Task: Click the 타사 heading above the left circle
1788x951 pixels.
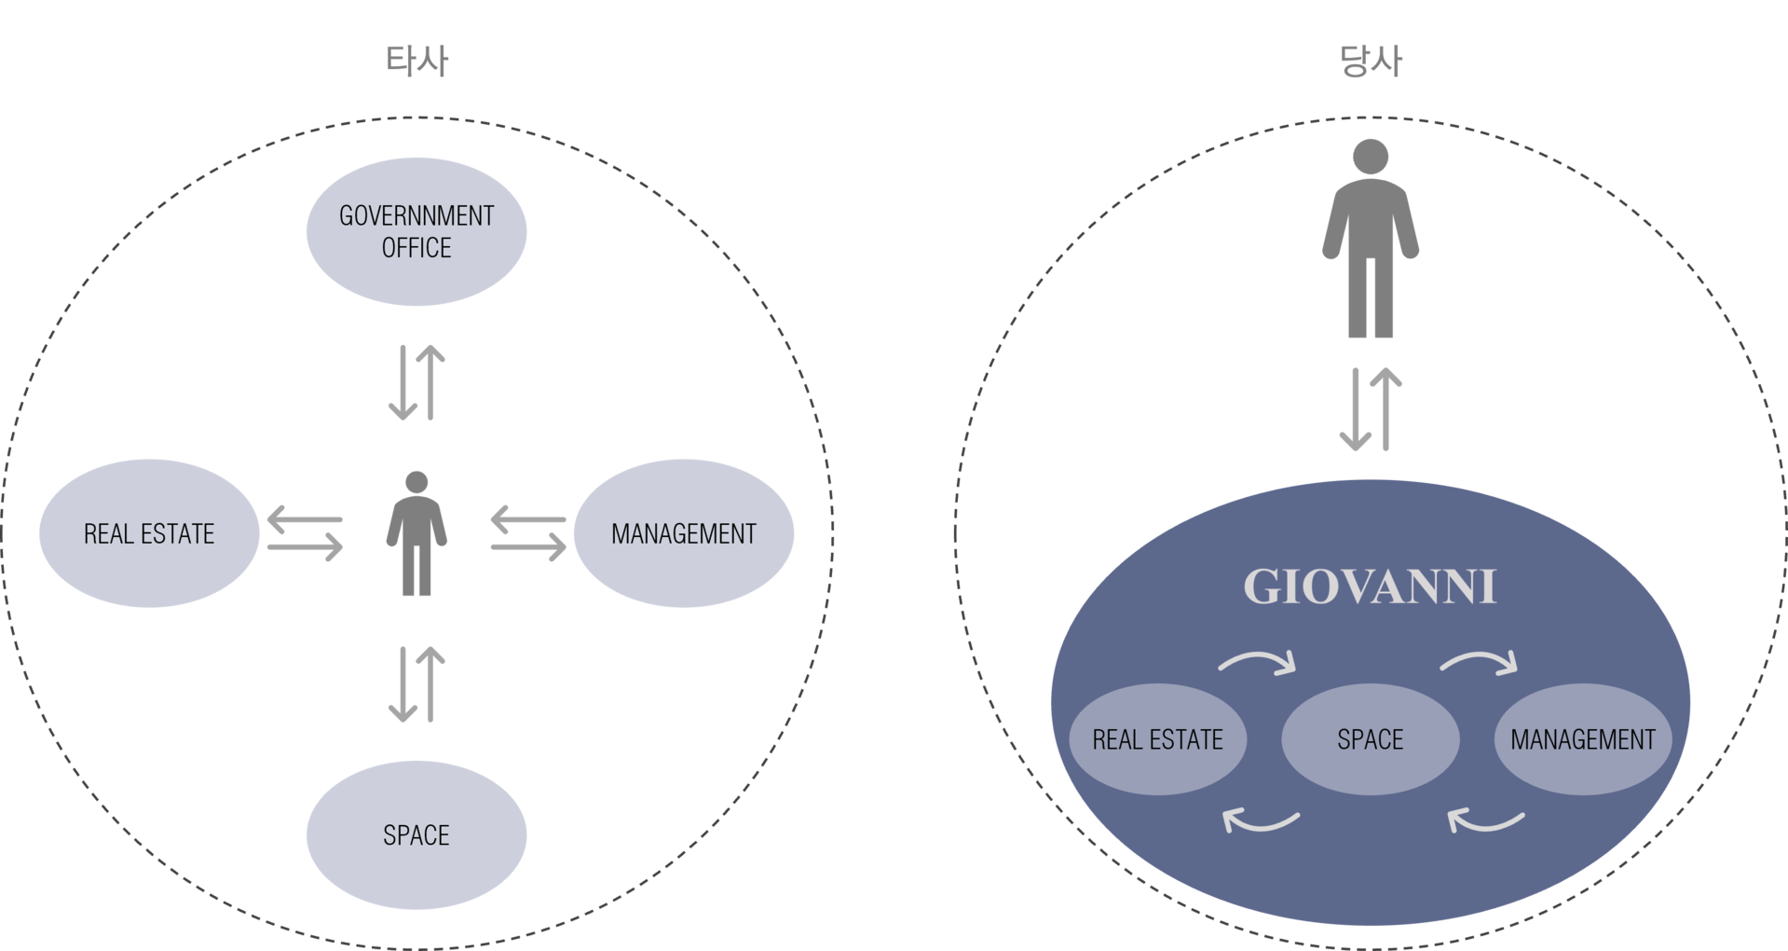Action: coord(416,61)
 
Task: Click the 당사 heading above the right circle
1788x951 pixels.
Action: coord(1371,61)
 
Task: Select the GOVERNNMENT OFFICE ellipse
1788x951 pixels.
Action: coord(416,231)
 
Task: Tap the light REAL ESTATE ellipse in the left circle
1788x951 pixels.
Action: coord(149,533)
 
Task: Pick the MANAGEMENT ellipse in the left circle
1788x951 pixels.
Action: coord(684,533)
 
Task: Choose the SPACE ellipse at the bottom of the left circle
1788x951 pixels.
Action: coord(416,835)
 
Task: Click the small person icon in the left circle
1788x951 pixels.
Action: coord(416,533)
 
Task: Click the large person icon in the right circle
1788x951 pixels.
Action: coord(1371,239)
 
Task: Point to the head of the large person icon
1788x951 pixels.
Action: coord(1371,157)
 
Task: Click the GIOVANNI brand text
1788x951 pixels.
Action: coord(1371,587)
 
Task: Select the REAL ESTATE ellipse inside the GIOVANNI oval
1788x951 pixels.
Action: coord(1158,739)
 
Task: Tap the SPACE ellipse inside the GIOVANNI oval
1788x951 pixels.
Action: coord(1371,739)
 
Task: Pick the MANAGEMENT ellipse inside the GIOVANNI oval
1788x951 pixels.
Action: coord(1583,739)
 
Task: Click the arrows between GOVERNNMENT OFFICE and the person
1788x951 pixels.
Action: coord(416,382)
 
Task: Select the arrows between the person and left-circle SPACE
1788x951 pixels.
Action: coord(416,684)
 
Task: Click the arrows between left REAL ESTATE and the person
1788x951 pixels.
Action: coord(305,533)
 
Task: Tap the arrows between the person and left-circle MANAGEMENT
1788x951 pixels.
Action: coord(528,533)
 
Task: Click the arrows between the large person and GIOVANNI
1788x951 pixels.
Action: coord(1371,409)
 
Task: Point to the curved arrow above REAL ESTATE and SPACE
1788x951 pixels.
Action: coord(1257,662)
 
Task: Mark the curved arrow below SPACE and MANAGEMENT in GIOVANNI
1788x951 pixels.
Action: coord(1486,820)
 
